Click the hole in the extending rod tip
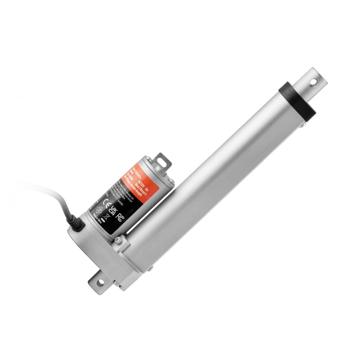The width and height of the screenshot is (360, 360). pos(314,82)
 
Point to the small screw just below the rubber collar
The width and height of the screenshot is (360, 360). pos(303,123)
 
